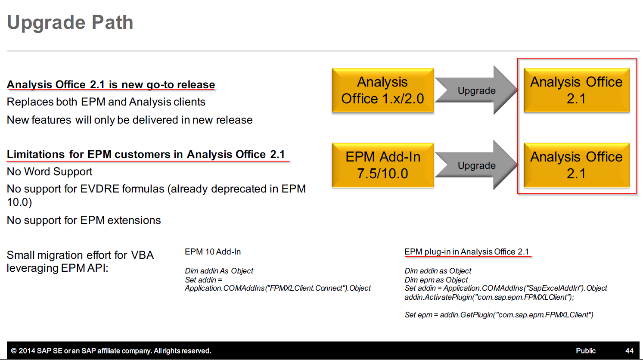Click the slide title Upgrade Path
pos(70,23)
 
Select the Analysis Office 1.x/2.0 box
pos(382,90)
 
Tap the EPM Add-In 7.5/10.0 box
pos(382,165)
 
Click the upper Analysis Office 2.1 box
pos(576,90)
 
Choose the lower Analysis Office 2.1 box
pos(576,165)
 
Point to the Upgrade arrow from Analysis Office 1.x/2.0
pos(476,90)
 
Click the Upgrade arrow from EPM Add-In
pos(476,165)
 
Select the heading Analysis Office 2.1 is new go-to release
pos(111,85)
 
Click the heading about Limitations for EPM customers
pos(146,155)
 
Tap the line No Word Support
pos(50,172)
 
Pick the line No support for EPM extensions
pos(84,220)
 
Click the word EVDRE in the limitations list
pos(99,189)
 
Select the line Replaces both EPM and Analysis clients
pos(106,102)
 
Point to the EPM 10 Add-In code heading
pos(213,252)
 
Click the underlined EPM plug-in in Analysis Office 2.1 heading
pos(467,252)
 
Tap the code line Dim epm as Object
pos(436,279)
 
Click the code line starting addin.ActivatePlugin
pos(489,297)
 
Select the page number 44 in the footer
pos(629,351)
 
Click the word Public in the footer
pos(586,351)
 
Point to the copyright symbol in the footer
pos(13,351)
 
